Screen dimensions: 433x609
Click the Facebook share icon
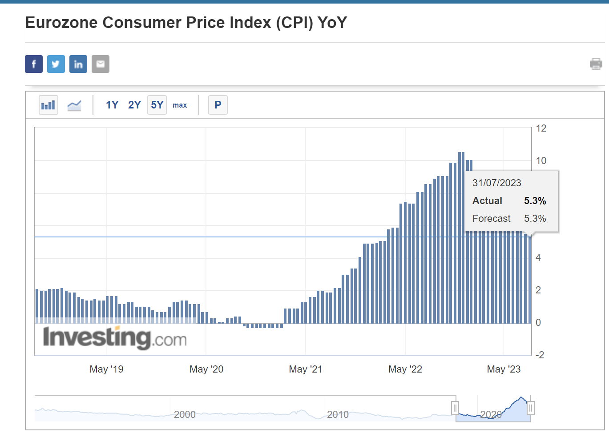34,64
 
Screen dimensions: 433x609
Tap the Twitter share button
56,64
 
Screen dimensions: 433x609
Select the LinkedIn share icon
78,64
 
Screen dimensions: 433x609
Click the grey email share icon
101,64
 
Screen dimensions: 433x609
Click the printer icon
596,64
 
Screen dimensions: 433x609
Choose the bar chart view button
48,105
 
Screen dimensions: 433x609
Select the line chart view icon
74,105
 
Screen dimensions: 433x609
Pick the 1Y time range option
112,105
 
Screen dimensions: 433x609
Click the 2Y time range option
134,105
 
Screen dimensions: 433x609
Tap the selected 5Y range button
157,105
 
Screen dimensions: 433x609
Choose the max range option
180,105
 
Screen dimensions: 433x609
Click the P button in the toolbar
218,105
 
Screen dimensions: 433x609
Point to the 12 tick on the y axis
541,128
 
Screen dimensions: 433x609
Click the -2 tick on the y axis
540,355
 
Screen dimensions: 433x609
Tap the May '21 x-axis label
306,369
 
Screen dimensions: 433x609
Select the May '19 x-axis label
106,369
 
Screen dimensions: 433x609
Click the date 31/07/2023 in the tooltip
496,183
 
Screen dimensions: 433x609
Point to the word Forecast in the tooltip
491,219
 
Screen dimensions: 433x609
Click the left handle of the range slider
455,408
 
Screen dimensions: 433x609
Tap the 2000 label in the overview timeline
185,415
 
